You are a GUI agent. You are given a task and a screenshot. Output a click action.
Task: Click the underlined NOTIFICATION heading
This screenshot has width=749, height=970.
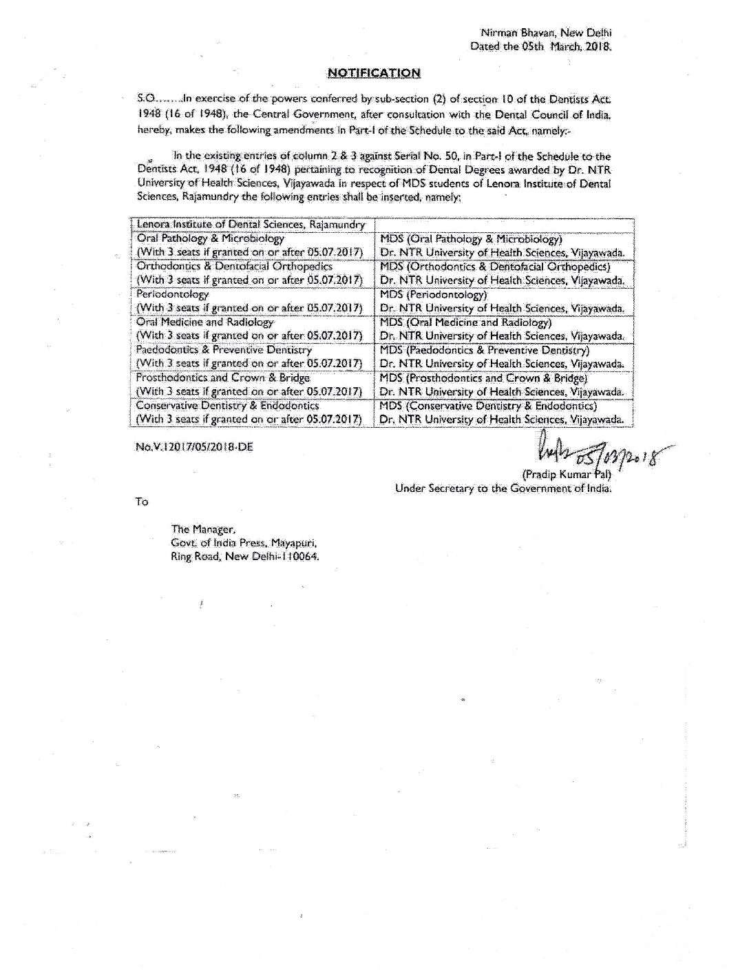[x=373, y=72]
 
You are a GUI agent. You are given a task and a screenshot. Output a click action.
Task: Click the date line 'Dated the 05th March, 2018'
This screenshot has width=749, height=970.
[x=540, y=46]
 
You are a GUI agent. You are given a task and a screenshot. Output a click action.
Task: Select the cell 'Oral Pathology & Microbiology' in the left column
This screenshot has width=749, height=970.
[x=210, y=238]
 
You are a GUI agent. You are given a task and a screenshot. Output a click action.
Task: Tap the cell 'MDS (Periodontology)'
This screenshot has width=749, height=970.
[x=434, y=294]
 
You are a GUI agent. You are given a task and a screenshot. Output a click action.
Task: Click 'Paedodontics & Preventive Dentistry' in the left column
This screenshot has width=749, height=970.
[x=224, y=350]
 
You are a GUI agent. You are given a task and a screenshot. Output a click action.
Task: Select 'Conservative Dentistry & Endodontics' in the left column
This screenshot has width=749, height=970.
[x=227, y=406]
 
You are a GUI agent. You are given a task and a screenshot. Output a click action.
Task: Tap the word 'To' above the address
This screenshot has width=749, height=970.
[x=142, y=502]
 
